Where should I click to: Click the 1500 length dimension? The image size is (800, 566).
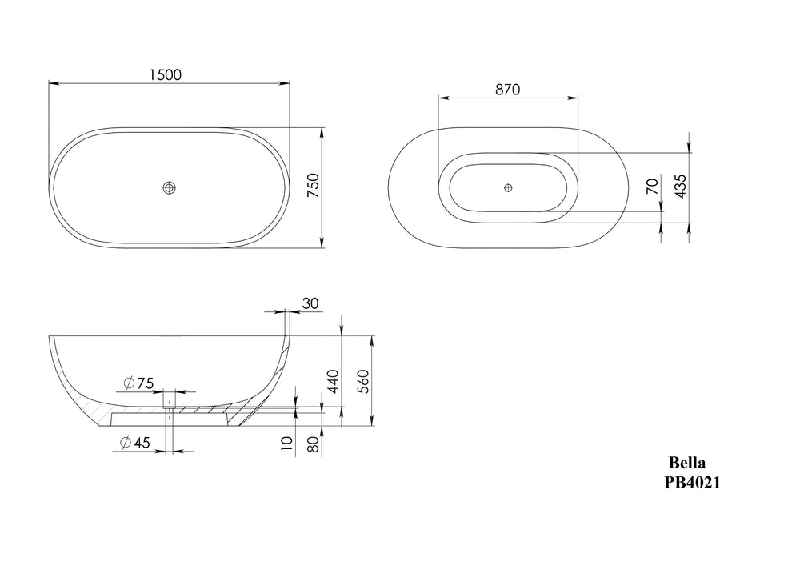(166, 75)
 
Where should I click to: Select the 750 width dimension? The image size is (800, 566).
(314, 186)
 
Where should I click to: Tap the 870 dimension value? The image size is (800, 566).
(508, 90)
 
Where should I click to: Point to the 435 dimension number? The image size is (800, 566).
(681, 187)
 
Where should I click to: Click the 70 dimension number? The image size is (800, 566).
(652, 187)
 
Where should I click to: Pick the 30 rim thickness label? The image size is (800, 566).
(310, 303)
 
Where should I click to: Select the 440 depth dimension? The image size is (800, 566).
(332, 381)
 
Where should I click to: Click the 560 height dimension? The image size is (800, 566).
(362, 381)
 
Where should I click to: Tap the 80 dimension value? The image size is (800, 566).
(314, 444)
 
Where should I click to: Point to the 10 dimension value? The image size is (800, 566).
(287, 443)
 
